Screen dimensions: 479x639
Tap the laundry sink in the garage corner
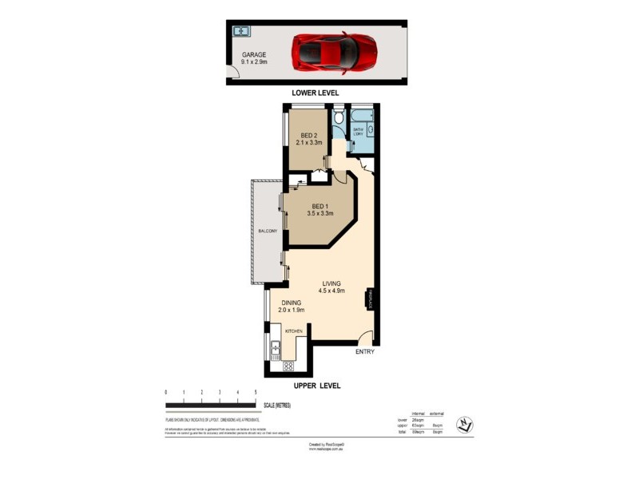(241, 32)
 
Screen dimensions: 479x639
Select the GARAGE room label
(255, 55)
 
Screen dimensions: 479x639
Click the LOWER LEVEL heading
(315, 93)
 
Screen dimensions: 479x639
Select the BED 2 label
(308, 136)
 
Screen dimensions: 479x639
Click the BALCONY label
(267, 231)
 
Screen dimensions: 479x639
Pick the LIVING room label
(331, 283)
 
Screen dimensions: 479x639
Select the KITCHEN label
(293, 331)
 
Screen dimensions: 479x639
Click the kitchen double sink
(274, 348)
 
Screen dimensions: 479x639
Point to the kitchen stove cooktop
(288, 367)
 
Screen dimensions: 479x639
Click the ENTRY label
(364, 351)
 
